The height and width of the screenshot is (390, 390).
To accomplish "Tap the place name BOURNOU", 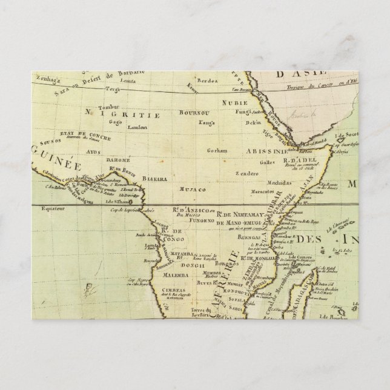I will tap(193, 113).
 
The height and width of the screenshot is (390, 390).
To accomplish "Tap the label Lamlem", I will tap(137, 127).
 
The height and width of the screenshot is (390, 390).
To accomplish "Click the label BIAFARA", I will tap(153, 162).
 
